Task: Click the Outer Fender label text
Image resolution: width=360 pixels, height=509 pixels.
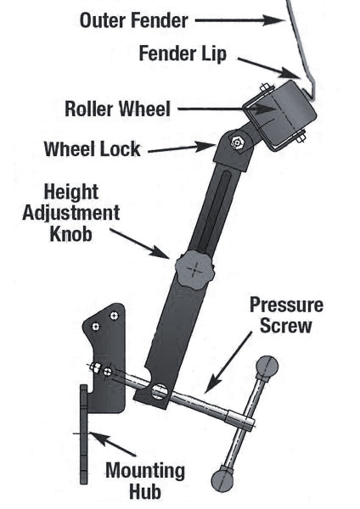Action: pos(134,19)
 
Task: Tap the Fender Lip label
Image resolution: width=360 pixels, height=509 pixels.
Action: pos(183,53)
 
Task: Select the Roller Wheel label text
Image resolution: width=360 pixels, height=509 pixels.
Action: pos(117,109)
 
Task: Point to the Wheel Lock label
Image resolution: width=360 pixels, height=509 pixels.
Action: pos(92,150)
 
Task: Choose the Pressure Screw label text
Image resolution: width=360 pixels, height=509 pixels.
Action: pos(285,315)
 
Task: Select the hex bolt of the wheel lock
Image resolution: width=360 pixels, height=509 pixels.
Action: pos(238,143)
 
